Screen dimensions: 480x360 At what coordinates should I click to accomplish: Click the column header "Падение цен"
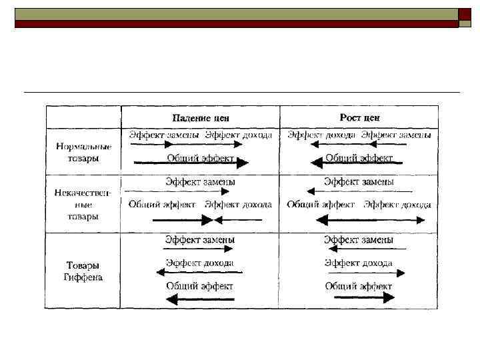pos(200,117)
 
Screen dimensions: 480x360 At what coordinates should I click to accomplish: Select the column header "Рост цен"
pos(359,117)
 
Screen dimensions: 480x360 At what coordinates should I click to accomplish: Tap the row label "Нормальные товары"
pos(83,152)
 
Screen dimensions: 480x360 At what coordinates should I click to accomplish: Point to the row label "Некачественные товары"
pos(83,204)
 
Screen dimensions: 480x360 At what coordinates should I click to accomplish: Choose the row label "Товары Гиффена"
pos(83,271)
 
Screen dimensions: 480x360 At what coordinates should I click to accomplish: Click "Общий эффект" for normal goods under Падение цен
pos(200,158)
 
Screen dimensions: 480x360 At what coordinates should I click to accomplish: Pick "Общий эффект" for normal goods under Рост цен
pos(359,158)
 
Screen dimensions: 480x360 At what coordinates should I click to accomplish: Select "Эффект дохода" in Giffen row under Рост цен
pos(359,263)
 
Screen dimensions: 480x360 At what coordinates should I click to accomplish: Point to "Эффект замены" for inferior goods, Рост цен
pos(359,181)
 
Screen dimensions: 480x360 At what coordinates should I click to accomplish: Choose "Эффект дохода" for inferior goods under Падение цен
pos(238,205)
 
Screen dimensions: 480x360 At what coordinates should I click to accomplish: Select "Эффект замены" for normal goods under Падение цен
pos(164,135)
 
